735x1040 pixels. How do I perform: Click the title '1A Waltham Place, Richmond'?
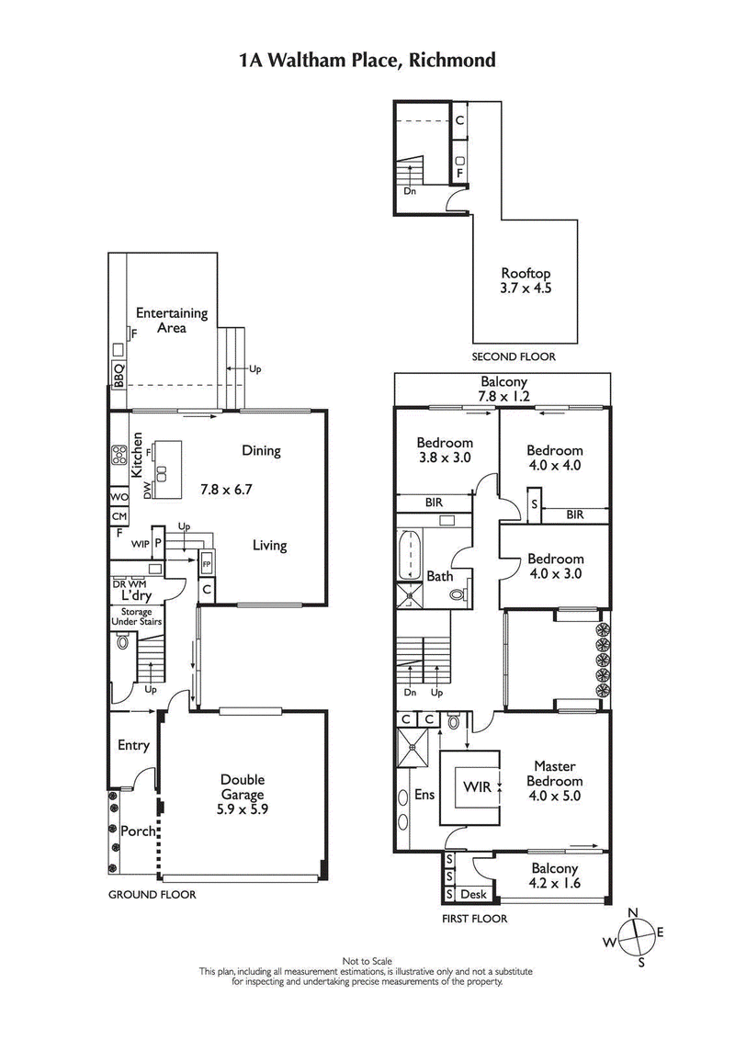coord(367,61)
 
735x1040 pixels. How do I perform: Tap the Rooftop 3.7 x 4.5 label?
coord(526,281)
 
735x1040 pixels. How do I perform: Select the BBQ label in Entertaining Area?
coord(119,376)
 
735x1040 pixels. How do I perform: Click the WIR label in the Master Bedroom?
coord(476,787)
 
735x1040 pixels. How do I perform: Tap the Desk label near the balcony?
coord(472,894)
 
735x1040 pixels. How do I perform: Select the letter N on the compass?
coord(632,911)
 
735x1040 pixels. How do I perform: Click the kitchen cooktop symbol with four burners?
coord(119,453)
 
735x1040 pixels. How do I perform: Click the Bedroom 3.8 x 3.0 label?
coord(444,449)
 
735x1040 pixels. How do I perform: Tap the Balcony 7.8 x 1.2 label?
coord(503,389)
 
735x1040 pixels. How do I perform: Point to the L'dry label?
coord(130,595)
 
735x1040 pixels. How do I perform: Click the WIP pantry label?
coord(141,544)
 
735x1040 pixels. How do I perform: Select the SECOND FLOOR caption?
coord(514,356)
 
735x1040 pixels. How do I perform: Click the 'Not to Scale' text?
coord(367,961)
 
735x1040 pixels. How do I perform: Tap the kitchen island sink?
coord(162,474)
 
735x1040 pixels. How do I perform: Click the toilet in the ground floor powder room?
coord(123,642)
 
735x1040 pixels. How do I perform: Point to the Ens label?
coord(424,795)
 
